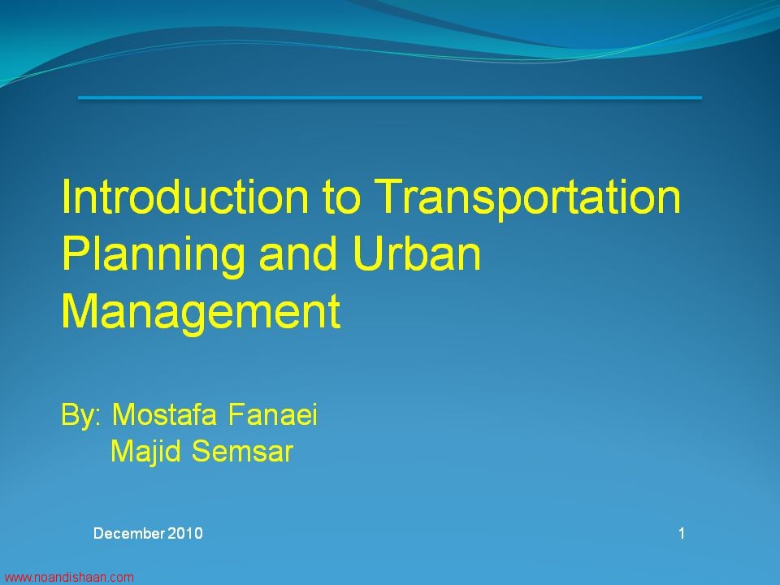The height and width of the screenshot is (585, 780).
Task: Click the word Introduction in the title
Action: (x=185, y=196)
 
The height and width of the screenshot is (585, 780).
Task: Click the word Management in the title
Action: (x=201, y=312)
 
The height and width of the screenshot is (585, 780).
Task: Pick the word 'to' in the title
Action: (x=340, y=198)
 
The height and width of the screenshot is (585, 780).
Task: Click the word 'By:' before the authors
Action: (x=81, y=415)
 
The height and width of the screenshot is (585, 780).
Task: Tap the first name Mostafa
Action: (x=165, y=414)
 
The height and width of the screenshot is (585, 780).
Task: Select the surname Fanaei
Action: (x=273, y=414)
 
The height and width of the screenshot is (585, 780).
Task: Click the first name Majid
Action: (x=145, y=453)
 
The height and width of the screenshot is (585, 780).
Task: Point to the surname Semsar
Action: (x=242, y=452)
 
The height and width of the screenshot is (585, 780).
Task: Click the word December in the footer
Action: (x=128, y=533)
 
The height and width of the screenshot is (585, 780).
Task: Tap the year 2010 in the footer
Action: (x=184, y=533)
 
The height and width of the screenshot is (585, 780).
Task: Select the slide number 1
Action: (x=682, y=533)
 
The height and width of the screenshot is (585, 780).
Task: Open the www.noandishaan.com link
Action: (x=68, y=578)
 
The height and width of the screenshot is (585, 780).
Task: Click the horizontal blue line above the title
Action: (x=390, y=97)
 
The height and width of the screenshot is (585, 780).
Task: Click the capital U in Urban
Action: (x=367, y=253)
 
